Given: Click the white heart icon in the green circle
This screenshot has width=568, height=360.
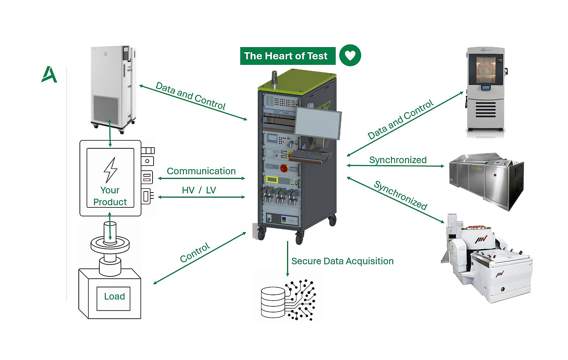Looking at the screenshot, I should tap(350, 55).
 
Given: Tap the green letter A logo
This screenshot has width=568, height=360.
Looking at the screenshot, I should tap(49, 75).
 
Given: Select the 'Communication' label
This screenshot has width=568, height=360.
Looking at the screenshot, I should tap(201, 171).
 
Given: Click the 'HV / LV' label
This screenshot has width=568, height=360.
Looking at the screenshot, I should tap(199, 190).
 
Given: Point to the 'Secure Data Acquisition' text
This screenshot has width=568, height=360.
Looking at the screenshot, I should tap(342, 261).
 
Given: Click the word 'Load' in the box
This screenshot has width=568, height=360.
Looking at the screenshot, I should tap(114, 297).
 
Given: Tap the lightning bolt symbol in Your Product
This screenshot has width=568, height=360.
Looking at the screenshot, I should tap(110, 170).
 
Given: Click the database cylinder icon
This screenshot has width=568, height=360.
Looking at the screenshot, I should tap(273, 302).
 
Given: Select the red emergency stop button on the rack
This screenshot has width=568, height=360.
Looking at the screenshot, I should tap(284, 168).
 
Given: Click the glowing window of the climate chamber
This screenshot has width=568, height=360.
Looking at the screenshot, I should tap(486, 70).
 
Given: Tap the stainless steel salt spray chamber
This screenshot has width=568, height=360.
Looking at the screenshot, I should tap(486, 180).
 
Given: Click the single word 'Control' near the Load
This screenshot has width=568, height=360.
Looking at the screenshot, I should tap(195, 253).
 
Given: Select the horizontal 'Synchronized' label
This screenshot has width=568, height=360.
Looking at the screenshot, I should tap(398, 160).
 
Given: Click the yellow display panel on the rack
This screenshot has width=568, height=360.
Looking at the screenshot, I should tap(273, 179).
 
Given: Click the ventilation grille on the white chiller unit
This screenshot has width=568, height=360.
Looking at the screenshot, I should tap(106, 108).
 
